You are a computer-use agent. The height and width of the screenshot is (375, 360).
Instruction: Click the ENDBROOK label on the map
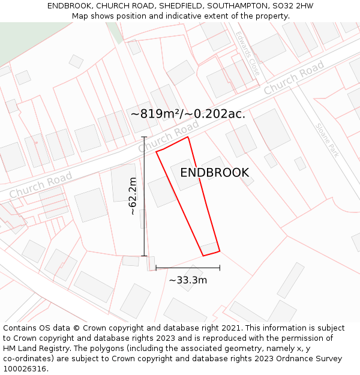(214, 173)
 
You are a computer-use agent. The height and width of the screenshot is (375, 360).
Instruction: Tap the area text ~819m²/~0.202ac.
(188, 113)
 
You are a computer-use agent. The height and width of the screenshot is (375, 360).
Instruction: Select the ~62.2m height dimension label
(133, 196)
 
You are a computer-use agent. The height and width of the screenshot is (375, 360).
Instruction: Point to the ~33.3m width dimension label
(188, 280)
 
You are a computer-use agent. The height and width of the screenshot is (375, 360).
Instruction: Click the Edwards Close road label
(248, 53)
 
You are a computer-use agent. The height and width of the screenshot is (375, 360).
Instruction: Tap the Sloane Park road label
(328, 140)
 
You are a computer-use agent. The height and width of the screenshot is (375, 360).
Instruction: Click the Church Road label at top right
(294, 78)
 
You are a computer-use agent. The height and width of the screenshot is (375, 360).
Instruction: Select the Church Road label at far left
(41, 185)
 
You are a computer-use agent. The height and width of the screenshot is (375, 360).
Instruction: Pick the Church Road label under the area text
(169, 137)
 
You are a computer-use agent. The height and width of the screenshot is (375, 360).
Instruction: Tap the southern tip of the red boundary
(203, 256)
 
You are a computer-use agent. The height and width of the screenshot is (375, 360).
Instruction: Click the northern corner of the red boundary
(188, 137)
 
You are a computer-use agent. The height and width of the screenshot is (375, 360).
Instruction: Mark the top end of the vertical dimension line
(144, 137)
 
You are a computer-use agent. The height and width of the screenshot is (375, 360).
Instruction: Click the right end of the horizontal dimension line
(220, 268)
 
